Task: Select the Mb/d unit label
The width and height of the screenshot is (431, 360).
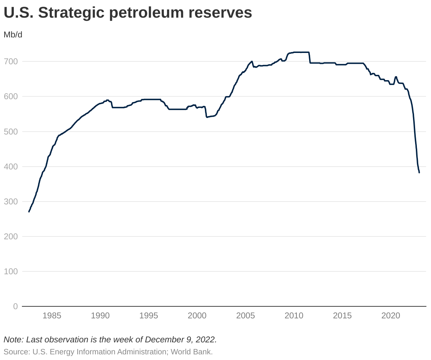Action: click(13, 35)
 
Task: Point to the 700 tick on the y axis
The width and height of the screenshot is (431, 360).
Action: click(11, 62)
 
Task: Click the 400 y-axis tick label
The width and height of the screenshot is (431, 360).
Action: click(11, 167)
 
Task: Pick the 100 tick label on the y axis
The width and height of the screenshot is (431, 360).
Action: click(11, 271)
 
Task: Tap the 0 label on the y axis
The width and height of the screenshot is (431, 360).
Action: click(15, 306)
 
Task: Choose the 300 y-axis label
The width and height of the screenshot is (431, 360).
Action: click(11, 202)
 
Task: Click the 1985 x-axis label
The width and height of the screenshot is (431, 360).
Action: click(52, 316)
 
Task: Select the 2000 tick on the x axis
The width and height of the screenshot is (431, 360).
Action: click(197, 316)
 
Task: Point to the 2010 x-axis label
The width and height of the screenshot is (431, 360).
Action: click(294, 316)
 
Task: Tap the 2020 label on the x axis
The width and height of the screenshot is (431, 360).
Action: click(391, 316)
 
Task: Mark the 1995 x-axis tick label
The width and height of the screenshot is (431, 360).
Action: click(149, 316)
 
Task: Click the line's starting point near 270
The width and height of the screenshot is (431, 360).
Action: click(29, 211)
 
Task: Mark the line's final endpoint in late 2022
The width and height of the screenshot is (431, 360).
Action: click(419, 173)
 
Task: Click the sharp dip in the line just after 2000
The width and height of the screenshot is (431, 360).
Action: click(207, 117)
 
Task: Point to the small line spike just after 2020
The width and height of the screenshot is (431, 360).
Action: click(396, 77)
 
